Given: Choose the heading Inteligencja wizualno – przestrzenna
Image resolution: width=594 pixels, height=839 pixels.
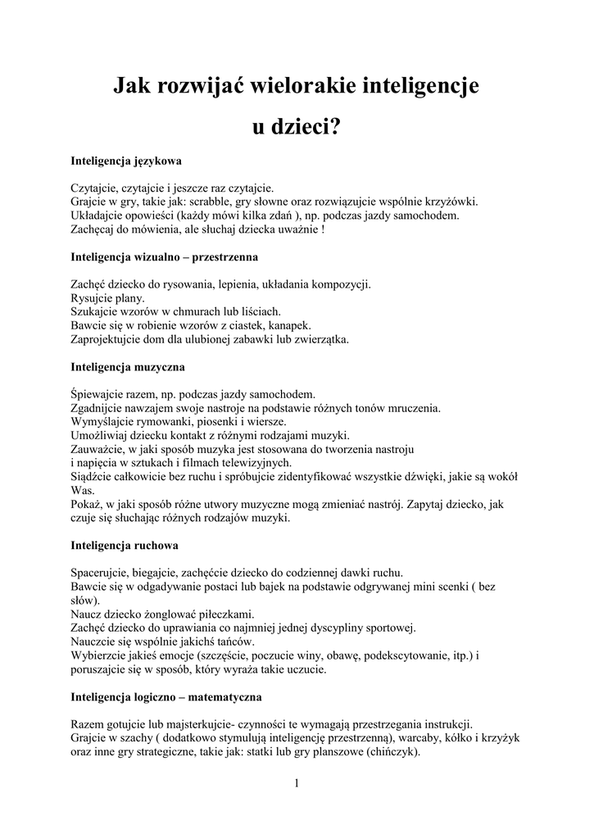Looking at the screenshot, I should click(x=165, y=256).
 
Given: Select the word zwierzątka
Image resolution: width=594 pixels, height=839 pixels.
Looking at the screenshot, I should click(x=320, y=339).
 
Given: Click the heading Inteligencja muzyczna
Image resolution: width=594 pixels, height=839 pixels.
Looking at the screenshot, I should click(x=128, y=366).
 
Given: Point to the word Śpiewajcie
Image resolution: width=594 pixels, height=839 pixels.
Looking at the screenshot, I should click(x=98, y=394).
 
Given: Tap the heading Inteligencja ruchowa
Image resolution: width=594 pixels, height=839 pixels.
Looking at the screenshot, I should click(x=125, y=545).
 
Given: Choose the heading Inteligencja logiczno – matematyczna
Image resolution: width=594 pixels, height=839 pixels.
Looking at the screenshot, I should click(x=166, y=697).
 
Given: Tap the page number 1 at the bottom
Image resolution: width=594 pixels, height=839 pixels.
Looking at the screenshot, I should click(x=297, y=784).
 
